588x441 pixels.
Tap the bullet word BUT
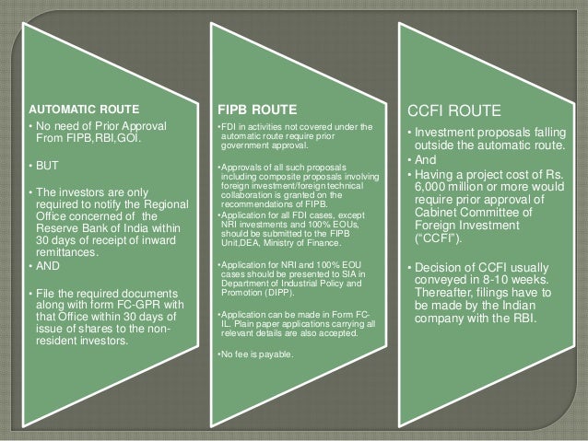tap(45, 167)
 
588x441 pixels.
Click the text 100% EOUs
tap(333, 225)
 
